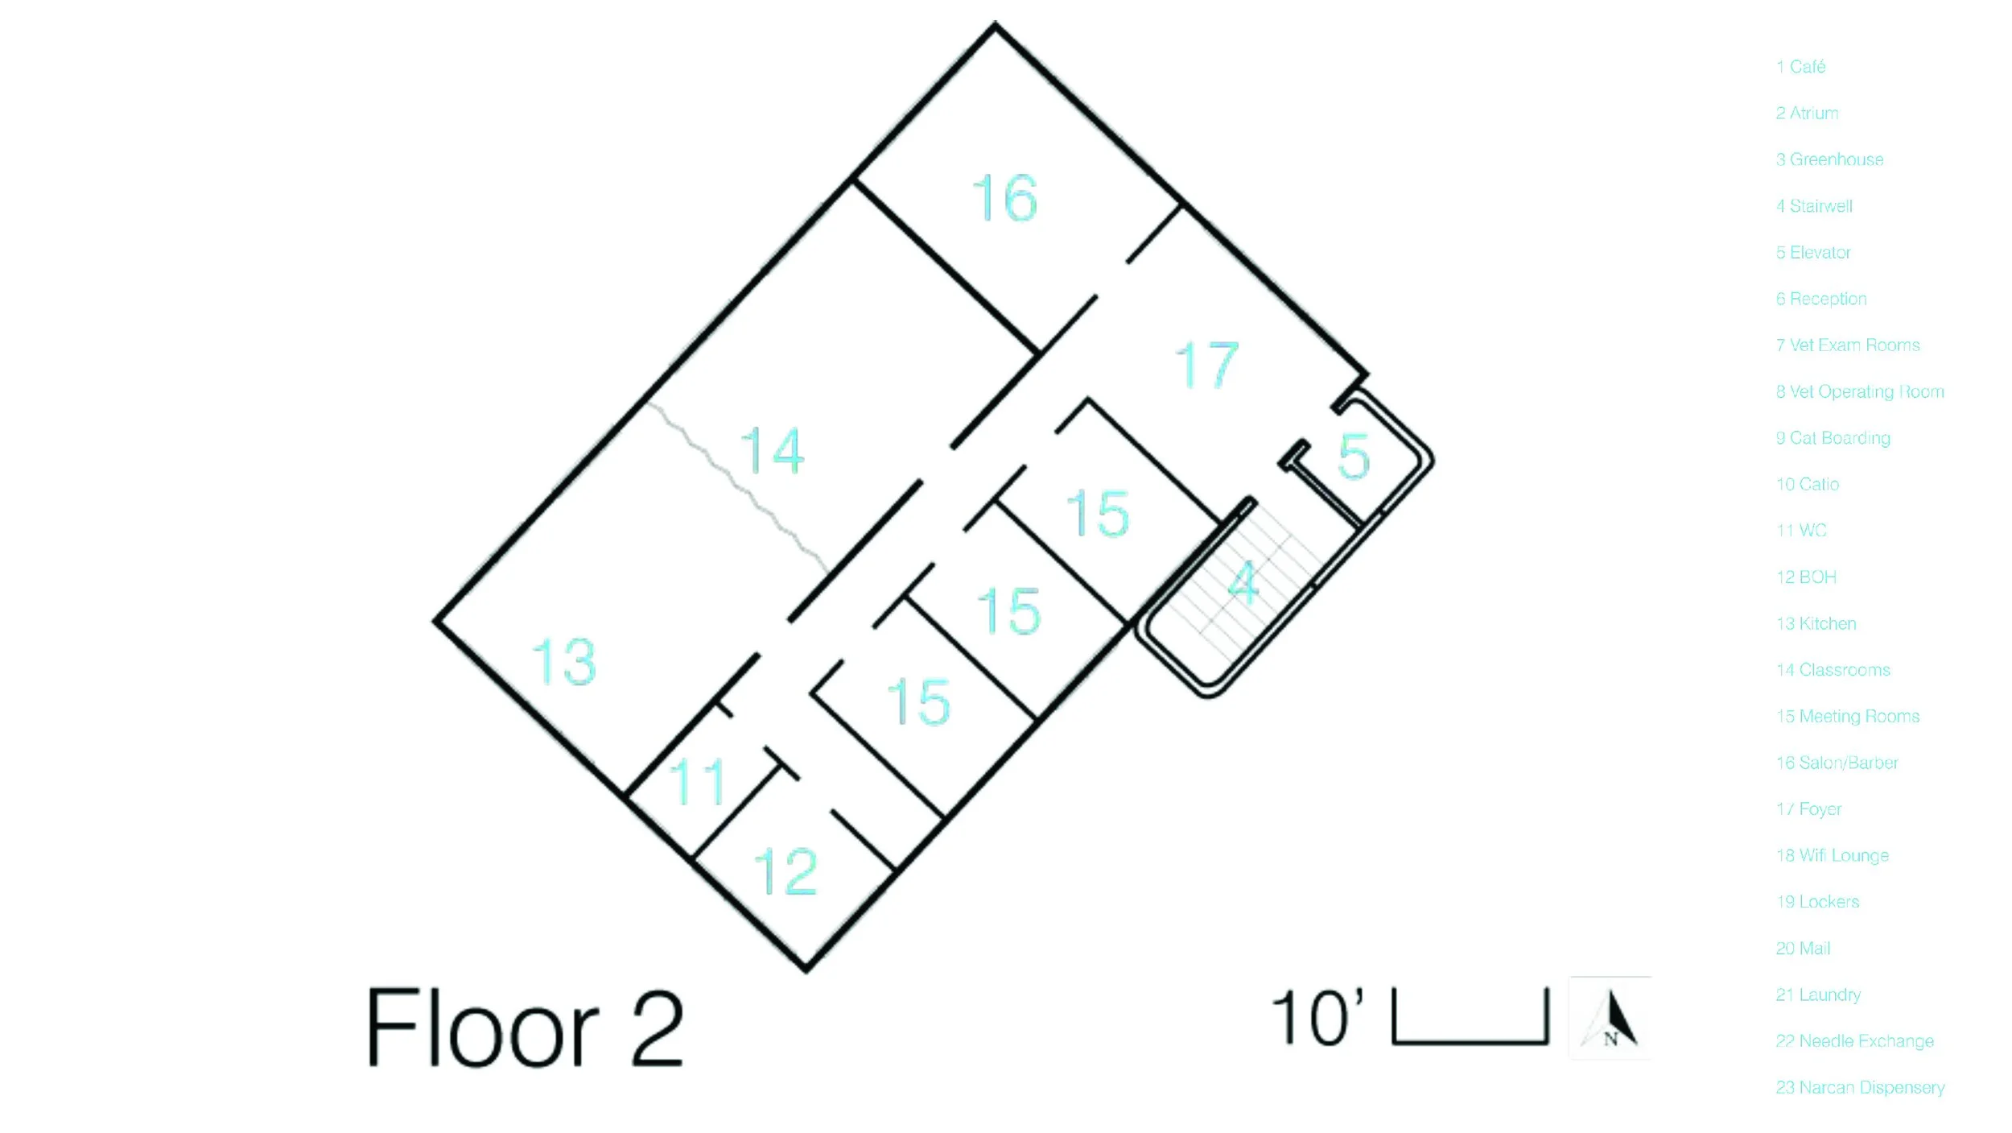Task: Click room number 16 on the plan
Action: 1005,198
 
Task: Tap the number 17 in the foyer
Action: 1206,365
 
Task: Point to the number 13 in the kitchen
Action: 564,662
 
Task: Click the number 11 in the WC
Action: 698,781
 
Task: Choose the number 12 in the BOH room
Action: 785,871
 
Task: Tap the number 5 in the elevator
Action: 1354,457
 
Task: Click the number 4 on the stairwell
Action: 1243,583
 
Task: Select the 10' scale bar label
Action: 1317,1019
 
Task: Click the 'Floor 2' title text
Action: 525,1028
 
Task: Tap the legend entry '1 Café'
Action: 1800,67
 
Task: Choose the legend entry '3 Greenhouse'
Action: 1829,159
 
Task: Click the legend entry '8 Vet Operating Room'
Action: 1860,391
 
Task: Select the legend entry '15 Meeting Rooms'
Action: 1848,716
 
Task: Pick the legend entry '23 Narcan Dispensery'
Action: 1860,1087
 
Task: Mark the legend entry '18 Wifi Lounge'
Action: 1833,855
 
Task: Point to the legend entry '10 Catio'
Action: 1808,484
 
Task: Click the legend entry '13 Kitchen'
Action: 1816,623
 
